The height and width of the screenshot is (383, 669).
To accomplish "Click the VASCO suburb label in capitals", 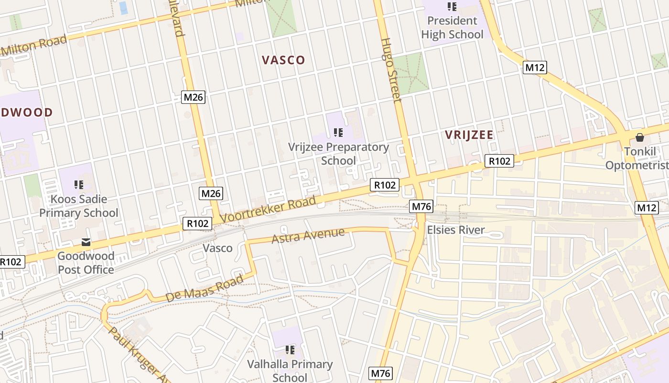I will coord(283,60).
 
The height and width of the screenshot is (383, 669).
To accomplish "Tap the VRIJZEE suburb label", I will coord(469,135).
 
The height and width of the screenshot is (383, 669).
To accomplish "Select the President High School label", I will coord(452,28).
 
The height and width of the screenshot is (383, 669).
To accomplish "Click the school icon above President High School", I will coord(452,7).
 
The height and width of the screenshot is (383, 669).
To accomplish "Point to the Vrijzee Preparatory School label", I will coord(338,154).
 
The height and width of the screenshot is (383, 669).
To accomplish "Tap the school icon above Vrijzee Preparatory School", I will coord(338,133).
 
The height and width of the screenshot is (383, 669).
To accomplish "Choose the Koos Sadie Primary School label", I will coord(79,206).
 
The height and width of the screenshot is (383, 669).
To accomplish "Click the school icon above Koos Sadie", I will coord(79,184).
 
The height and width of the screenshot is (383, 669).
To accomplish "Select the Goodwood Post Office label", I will coord(86,263).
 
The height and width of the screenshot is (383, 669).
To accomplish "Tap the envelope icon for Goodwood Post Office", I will coord(86,242).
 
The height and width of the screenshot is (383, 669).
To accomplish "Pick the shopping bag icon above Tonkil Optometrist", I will coord(640,138).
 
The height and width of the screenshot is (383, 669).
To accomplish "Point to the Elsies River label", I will coord(455,230).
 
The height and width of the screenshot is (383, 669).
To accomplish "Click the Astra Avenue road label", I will coord(308,236).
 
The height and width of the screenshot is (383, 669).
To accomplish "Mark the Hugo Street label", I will coord(391,69).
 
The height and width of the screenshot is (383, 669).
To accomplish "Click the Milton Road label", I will coord(34,45).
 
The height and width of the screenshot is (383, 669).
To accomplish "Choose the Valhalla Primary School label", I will coord(290,371).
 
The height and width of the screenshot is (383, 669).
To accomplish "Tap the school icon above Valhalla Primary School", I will coord(290,350).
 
